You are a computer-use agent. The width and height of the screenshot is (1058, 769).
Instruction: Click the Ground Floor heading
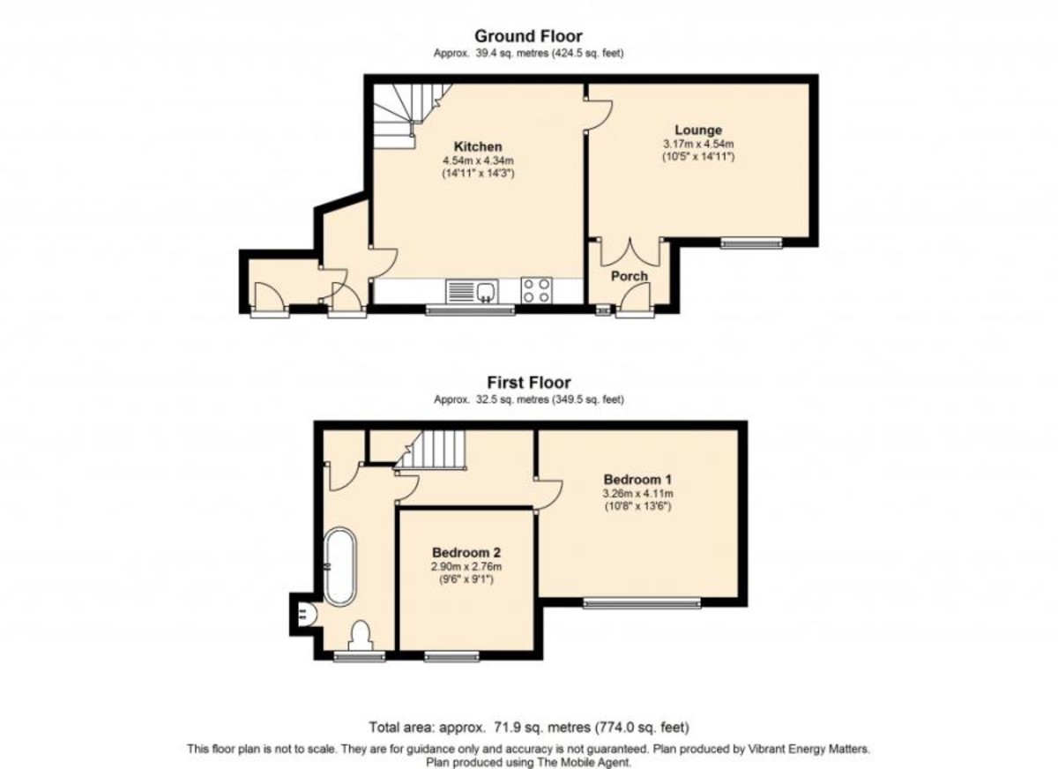(528, 36)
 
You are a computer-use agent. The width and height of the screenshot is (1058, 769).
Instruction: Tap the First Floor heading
(529, 382)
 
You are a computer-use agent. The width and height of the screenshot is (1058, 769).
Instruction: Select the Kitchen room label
(478, 146)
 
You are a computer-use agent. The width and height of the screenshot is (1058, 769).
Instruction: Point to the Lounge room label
(698, 130)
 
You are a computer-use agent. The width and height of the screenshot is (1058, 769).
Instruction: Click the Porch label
(630, 276)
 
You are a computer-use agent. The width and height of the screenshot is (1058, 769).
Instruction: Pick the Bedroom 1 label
(637, 480)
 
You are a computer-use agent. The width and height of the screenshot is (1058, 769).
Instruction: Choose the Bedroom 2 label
(466, 552)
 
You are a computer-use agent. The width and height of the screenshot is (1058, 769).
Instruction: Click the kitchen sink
(472, 291)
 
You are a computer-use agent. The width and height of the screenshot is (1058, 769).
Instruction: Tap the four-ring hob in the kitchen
(537, 290)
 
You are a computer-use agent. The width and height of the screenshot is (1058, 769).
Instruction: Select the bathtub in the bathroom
(340, 567)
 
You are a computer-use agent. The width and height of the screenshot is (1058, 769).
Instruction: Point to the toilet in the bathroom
(361, 636)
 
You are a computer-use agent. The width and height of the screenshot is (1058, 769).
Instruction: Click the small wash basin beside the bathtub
(308, 614)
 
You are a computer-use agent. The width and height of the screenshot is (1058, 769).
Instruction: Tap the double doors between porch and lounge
(630, 253)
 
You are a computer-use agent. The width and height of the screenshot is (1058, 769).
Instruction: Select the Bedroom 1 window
(642, 602)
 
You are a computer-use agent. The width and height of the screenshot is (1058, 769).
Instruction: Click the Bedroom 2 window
(451, 656)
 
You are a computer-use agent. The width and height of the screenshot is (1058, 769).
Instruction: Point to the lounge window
(751, 243)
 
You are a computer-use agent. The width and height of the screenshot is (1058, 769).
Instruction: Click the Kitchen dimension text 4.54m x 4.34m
(478, 161)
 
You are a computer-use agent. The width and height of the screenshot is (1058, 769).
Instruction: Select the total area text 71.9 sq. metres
(541, 727)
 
